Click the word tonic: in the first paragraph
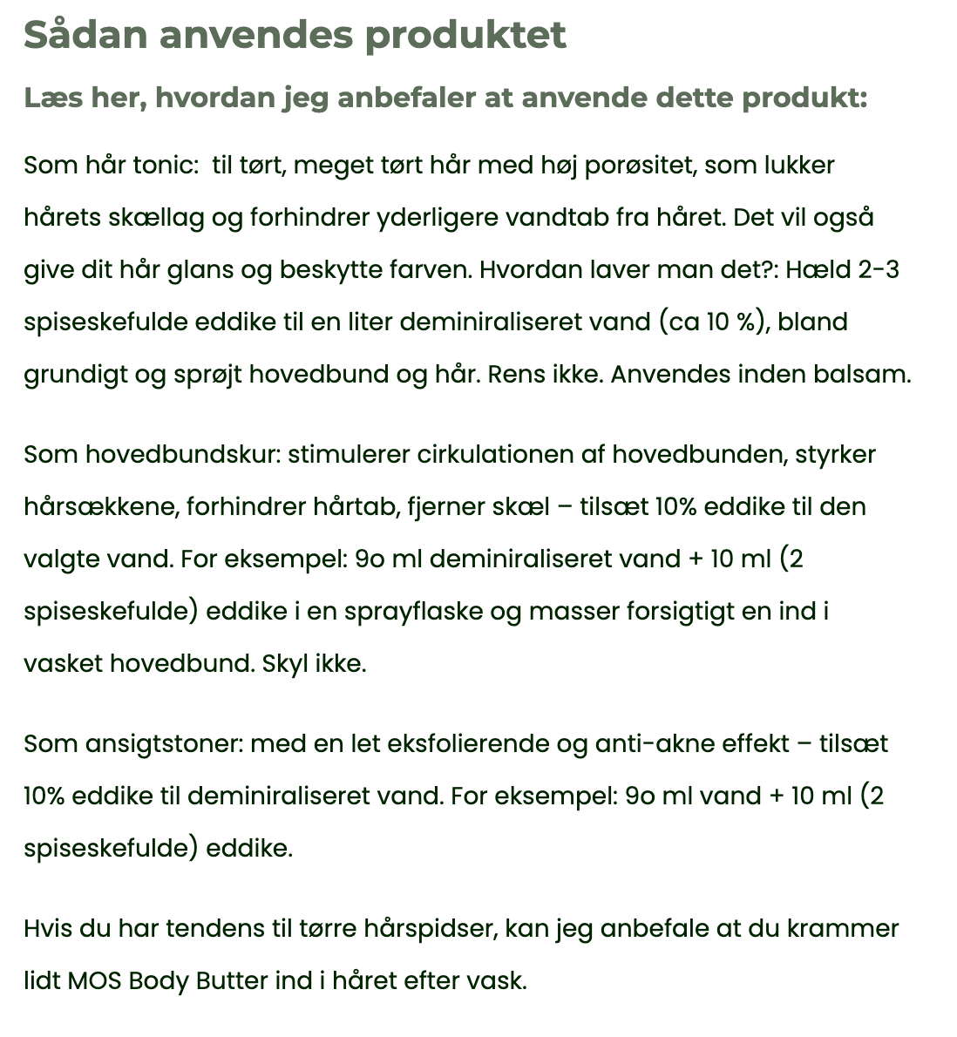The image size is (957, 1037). [166, 165]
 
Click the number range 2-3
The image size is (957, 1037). [878, 269]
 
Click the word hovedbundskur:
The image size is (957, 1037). [182, 454]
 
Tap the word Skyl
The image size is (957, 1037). [285, 663]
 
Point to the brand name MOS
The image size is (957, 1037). [94, 980]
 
